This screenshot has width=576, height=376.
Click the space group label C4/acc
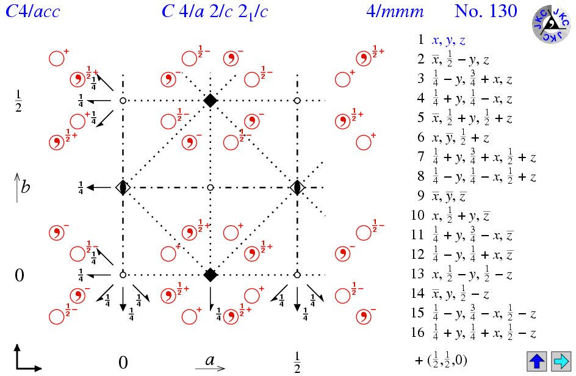pyautogui.click(x=33, y=12)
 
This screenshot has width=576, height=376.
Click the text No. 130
pyautogui.click(x=486, y=12)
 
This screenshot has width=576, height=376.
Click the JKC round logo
pyautogui.click(x=551, y=25)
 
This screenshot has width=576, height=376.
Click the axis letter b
pyautogui.click(x=25, y=186)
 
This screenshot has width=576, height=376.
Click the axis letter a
pyautogui.click(x=209, y=360)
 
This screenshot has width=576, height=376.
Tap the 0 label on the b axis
pyautogui.click(x=19, y=275)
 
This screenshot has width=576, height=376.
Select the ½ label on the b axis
pyautogui.click(x=19, y=99)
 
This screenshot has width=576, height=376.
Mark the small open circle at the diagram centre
pyautogui.click(x=211, y=187)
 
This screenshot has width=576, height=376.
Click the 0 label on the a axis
pyautogui.click(x=123, y=363)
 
